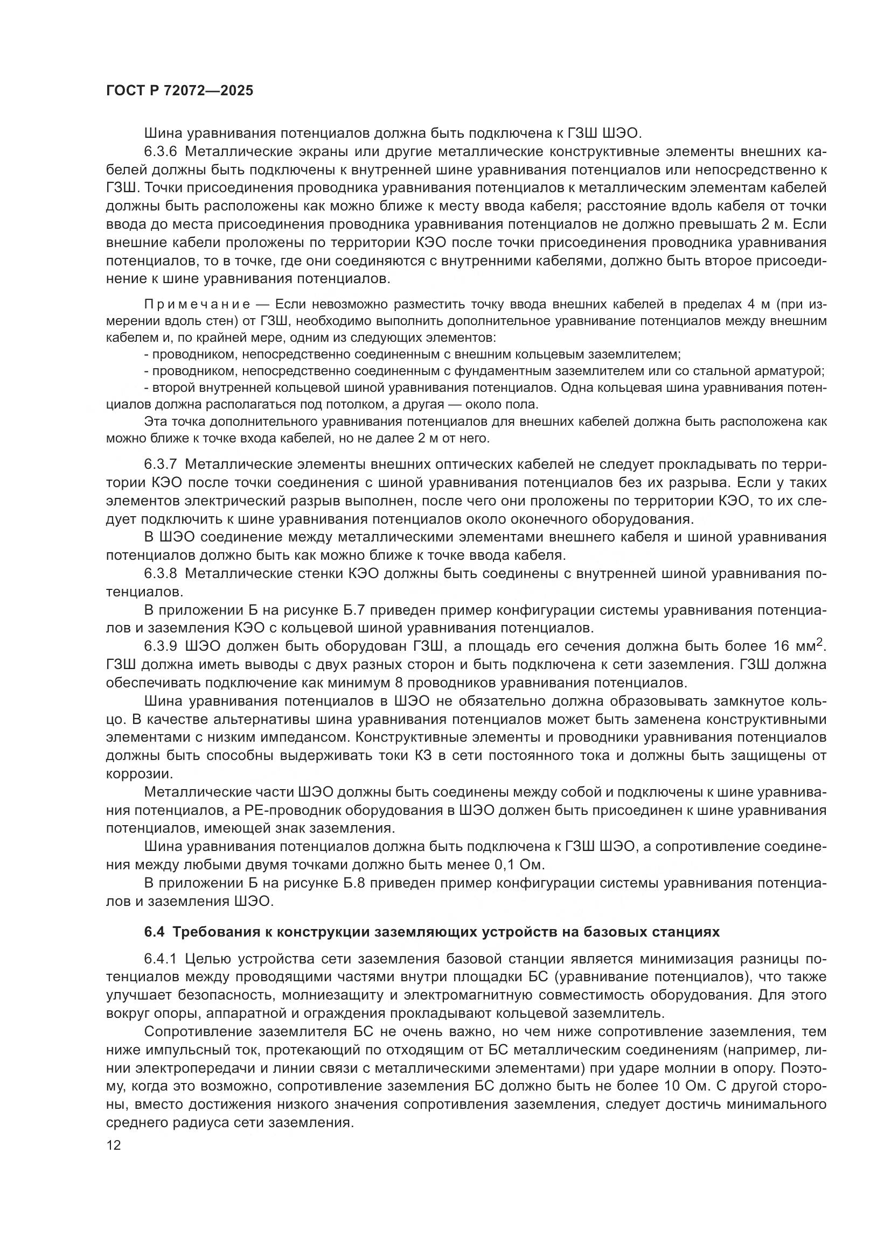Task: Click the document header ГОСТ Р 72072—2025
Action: (179, 90)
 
